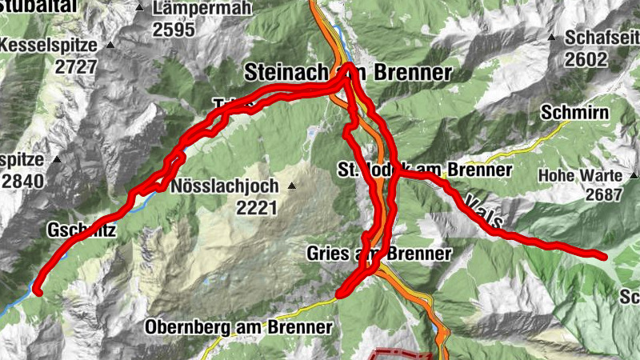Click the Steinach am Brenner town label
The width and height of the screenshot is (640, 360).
pyautogui.click(x=349, y=72)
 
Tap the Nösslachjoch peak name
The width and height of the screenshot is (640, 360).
pyautogui.click(x=225, y=186)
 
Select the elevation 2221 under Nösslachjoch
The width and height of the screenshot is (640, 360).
pyautogui.click(x=255, y=208)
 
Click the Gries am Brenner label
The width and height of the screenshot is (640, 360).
pyautogui.click(x=378, y=254)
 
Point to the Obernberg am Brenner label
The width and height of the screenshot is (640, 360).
pyautogui.click(x=238, y=327)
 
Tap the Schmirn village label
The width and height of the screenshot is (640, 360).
pyautogui.click(x=574, y=112)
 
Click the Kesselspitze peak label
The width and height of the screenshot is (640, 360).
pyautogui.click(x=49, y=46)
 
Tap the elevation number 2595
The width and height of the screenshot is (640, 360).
pyautogui.click(x=174, y=30)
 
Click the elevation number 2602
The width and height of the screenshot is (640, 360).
pyautogui.click(x=586, y=58)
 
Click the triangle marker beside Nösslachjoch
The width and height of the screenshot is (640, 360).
pyautogui.click(x=291, y=186)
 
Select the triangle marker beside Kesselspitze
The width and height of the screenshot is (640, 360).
pyautogui.click(x=110, y=46)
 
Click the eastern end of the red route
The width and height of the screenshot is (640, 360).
pyautogui.click(x=604, y=256)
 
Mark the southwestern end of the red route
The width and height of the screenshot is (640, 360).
pyautogui.click(x=37, y=291)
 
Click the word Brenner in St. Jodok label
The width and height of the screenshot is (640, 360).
pyautogui.click(x=480, y=170)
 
